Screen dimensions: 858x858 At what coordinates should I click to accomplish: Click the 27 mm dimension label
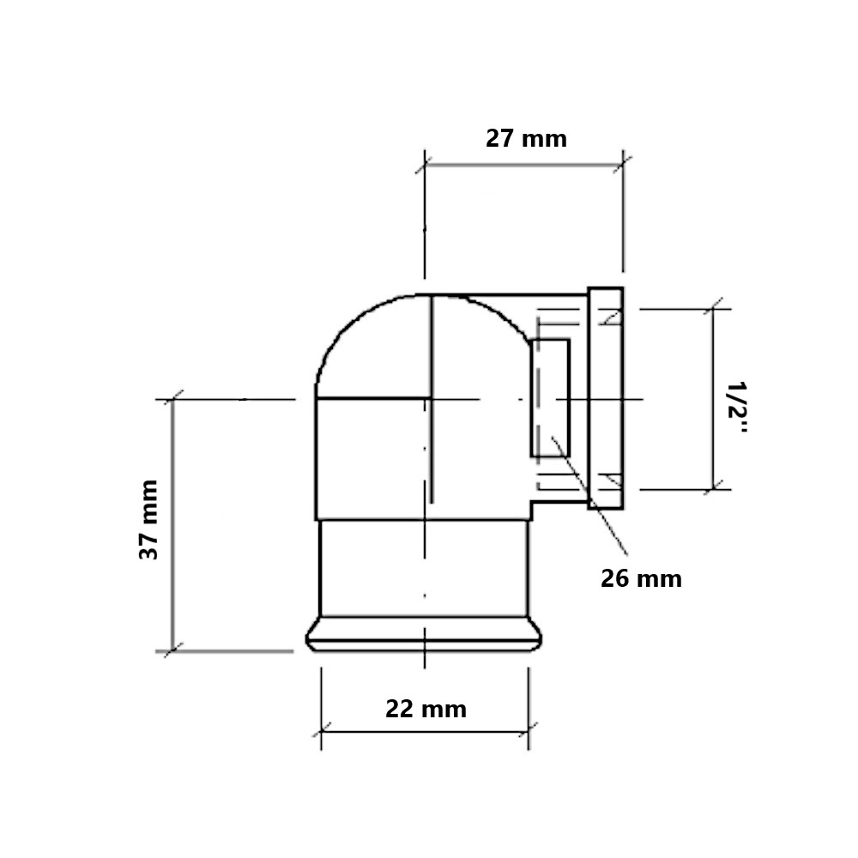[x=527, y=138]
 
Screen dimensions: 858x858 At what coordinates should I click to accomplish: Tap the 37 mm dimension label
[x=148, y=520]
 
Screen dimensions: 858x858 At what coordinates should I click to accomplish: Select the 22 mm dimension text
[x=426, y=710]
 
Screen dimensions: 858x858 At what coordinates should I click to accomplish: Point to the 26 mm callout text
[x=641, y=579]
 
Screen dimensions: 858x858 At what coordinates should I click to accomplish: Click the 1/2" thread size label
[x=736, y=408]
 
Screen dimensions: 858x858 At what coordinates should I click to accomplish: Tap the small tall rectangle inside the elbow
[x=551, y=398]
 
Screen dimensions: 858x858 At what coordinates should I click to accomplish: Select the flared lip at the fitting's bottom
[x=424, y=634]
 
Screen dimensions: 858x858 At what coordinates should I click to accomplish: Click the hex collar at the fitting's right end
[x=606, y=398]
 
